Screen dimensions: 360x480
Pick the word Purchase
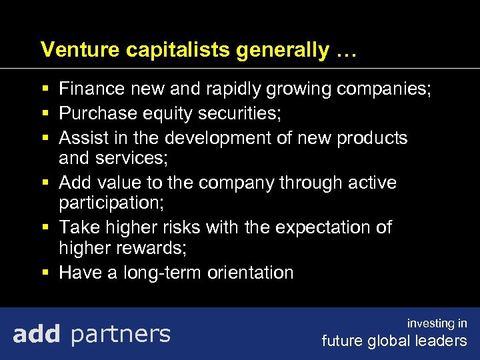coord(98,114)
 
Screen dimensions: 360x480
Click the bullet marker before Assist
coord(44,138)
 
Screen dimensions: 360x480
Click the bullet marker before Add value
coord(44,183)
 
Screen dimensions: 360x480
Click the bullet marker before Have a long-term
coord(44,272)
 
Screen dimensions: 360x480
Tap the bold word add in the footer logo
coord(37,333)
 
